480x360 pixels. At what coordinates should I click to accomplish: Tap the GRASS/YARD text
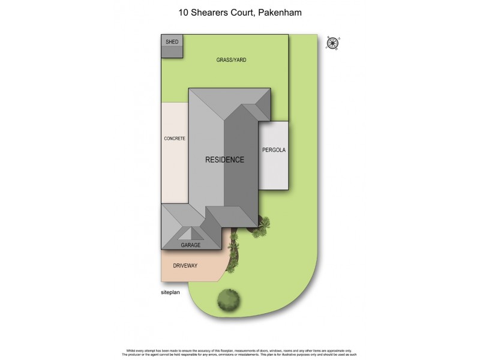click(x=232, y=60)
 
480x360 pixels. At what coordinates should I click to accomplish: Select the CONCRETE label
click(x=175, y=139)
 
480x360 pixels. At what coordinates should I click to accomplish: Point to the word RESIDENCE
click(x=225, y=160)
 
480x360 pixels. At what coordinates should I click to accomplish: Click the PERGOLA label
click(x=274, y=149)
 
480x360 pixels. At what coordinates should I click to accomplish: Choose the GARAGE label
click(x=191, y=245)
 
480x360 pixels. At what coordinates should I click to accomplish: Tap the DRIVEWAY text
click(x=185, y=265)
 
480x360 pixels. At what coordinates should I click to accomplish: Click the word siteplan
click(x=171, y=292)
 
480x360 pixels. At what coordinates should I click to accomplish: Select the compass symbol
click(x=333, y=43)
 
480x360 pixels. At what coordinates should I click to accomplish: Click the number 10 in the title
click(x=183, y=11)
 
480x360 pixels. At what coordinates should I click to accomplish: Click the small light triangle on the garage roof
click(x=191, y=233)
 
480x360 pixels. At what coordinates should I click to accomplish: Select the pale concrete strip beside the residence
click(x=175, y=168)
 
